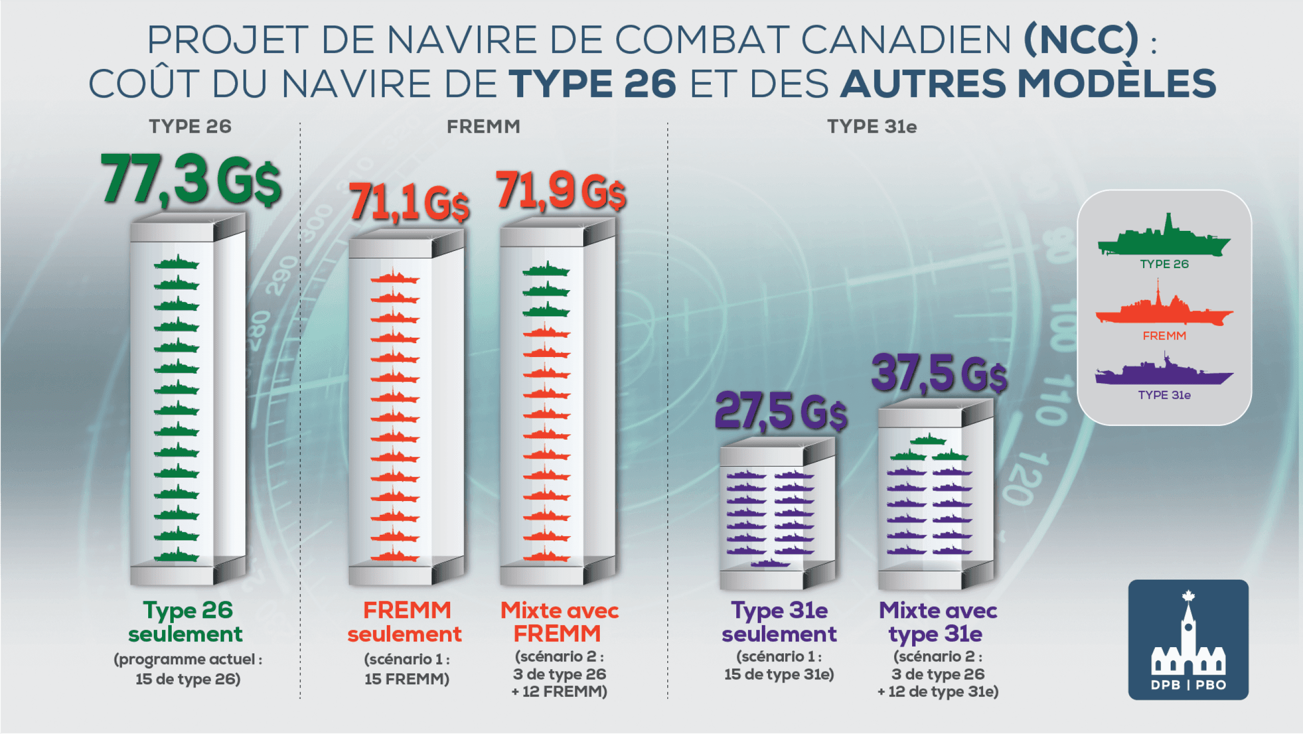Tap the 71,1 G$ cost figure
pos(408,203)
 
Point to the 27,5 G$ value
pos(780,411)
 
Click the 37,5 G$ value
pos(939,374)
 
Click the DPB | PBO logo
pos(1188,640)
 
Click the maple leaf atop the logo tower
pos(1188,596)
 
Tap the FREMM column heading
pos(483,127)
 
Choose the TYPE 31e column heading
pos(872,127)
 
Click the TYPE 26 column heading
pos(190,127)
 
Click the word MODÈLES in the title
pos(1116,84)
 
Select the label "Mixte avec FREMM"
pos(560,622)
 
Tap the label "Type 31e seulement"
pos(779,622)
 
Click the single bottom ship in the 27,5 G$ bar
pos(770,563)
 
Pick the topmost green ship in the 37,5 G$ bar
pos(928,439)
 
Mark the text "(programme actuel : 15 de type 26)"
pos(188,669)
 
